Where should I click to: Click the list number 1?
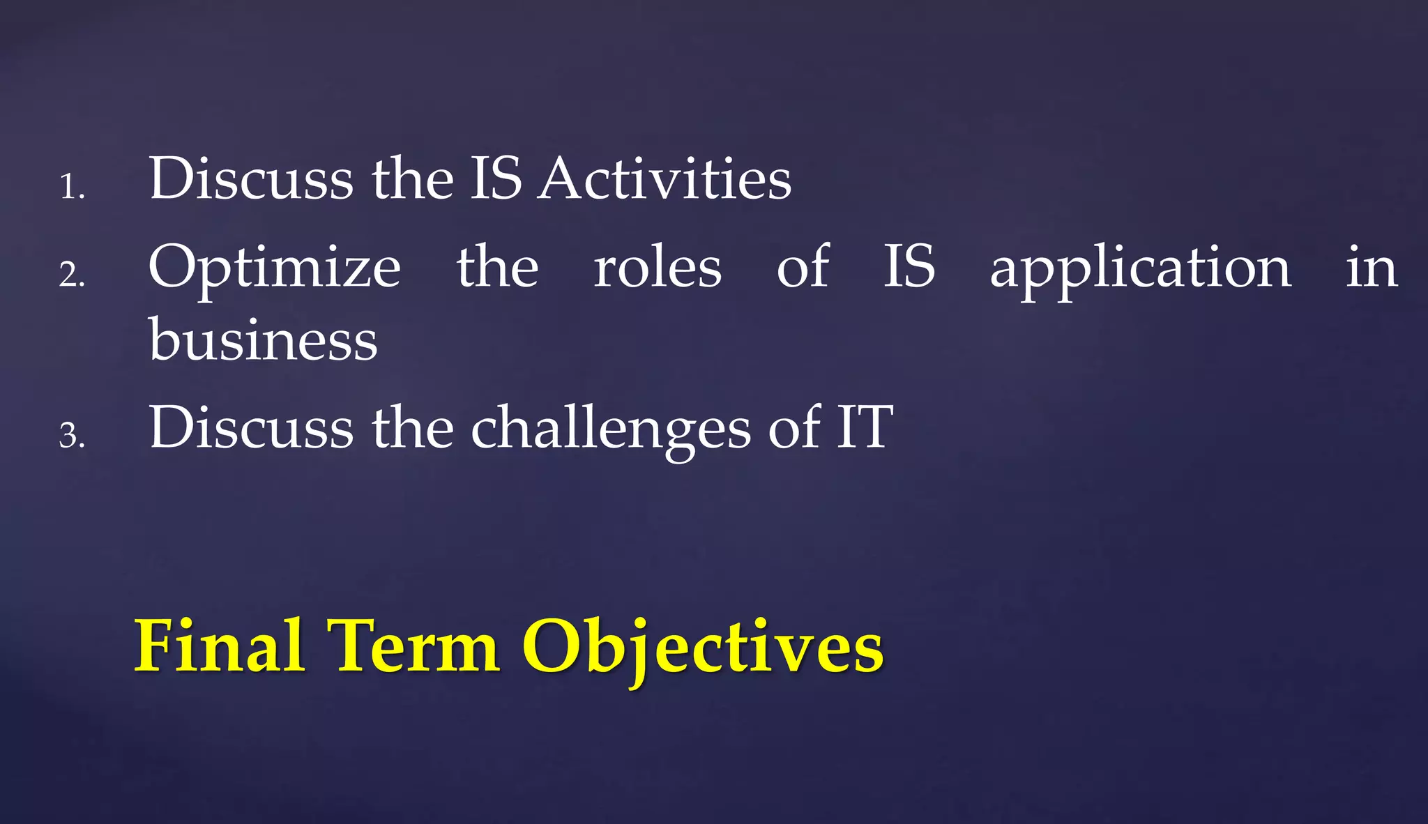(71, 187)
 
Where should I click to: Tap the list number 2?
(71, 274)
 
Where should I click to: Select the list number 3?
(71, 436)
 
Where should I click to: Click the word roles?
(658, 267)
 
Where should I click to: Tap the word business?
(263, 339)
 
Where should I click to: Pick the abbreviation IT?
(865, 427)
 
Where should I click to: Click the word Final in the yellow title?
(220, 646)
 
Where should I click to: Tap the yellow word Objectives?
(703, 648)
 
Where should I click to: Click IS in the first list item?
(496, 178)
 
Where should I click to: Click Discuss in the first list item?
(251, 178)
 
